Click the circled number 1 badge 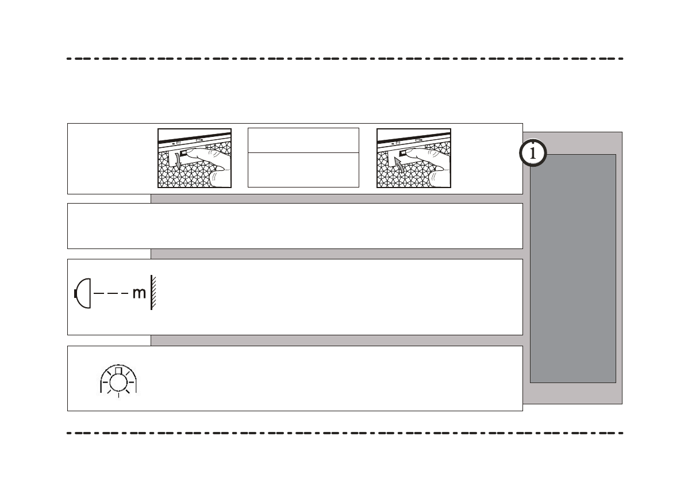[533, 154]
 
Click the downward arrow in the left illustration [178, 165]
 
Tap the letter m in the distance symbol [139, 293]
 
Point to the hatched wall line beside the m [153, 293]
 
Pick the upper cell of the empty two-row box [303, 140]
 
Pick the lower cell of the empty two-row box [303, 170]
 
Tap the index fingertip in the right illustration [406, 152]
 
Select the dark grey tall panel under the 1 [572, 270]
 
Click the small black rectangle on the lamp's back [76, 293]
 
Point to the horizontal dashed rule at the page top [345, 59]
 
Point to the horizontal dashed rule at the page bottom [345, 433]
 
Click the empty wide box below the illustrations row [295, 226]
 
